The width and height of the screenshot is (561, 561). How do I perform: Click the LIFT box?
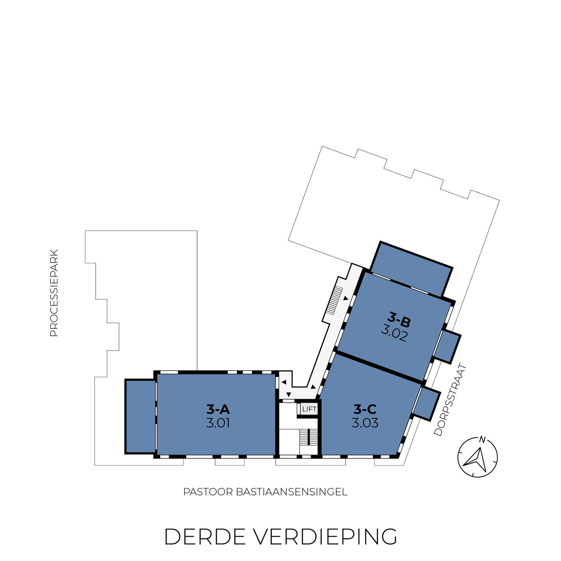309,409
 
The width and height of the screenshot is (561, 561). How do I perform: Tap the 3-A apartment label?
218,409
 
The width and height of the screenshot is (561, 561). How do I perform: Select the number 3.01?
218,423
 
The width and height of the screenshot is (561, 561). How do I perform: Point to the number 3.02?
394,335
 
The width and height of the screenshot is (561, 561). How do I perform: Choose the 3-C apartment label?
365,409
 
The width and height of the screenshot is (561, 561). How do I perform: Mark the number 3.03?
365,423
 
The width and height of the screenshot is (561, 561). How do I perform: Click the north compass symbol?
478,457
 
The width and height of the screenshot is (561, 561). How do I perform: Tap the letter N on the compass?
482,440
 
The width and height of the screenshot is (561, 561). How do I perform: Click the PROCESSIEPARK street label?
54,293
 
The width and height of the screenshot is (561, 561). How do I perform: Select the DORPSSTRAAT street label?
451,400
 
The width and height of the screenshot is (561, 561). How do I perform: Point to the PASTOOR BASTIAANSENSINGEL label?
265,492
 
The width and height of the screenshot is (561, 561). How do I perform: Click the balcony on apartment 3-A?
140,416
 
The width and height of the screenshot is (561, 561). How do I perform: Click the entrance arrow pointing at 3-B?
346,298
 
